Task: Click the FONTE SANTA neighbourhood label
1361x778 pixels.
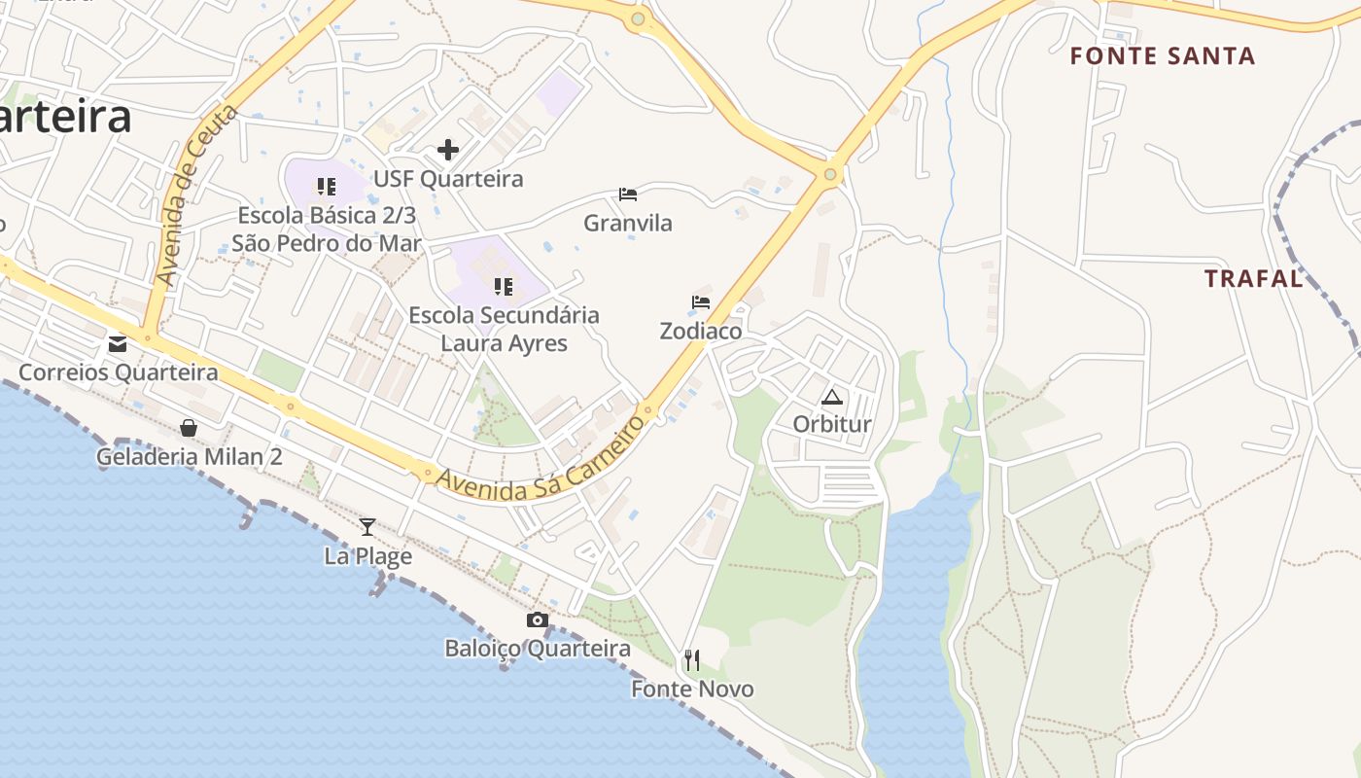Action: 1163,56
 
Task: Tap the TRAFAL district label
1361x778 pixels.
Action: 1254,279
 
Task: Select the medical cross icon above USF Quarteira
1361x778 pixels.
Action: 448,150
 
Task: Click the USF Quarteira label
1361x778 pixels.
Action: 448,179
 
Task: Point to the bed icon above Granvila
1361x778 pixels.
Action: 628,194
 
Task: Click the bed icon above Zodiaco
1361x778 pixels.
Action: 701,302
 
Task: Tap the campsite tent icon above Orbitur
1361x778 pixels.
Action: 831,397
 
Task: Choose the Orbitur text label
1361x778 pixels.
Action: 832,425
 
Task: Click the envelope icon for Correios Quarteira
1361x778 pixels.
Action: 118,343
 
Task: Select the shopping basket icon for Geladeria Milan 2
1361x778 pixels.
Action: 189,428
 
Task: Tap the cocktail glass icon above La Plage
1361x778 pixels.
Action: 367,527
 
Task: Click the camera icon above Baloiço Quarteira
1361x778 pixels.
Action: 538,620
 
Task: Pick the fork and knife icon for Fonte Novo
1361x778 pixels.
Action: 692,661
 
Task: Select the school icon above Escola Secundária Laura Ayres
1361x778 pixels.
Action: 504,287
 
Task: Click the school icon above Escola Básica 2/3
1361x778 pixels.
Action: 327,186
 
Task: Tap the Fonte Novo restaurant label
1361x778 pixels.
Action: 692,690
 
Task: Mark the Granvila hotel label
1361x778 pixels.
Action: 628,224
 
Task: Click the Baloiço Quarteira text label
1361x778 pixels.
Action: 538,649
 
